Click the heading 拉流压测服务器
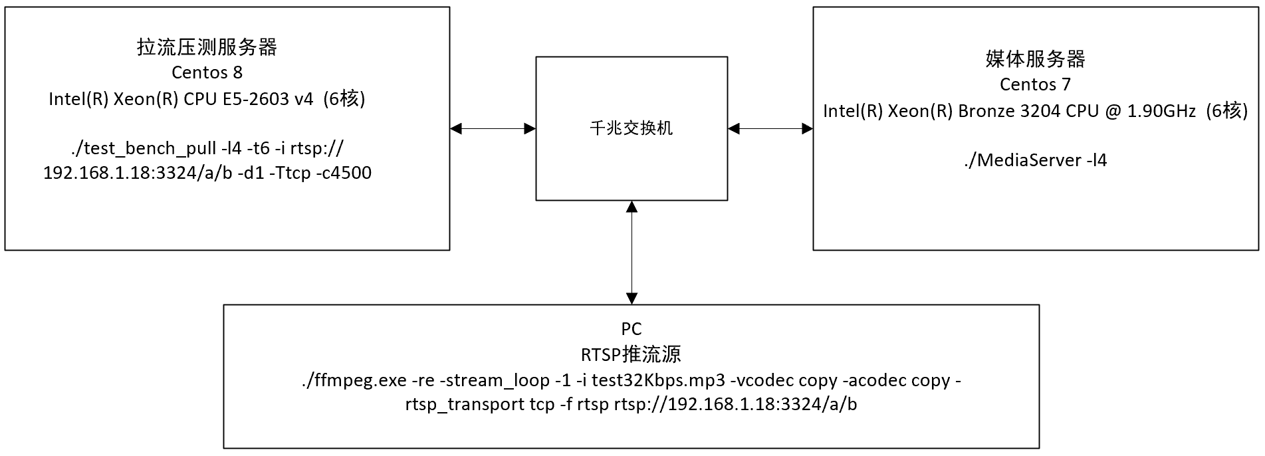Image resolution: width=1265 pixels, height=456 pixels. [207, 47]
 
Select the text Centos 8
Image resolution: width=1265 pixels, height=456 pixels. [207, 72]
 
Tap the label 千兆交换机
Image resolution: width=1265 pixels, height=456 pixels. [631, 128]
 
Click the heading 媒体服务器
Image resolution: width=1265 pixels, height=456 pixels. [1035, 59]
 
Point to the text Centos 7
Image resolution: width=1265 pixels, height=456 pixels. [1035, 84]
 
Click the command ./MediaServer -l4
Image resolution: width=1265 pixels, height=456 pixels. [1035, 160]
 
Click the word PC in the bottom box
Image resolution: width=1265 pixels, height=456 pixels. [631, 329]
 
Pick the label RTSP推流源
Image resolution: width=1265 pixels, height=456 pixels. [631, 354]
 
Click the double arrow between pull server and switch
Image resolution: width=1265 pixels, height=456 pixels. [493, 128]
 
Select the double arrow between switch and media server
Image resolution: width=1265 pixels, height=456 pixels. [770, 128]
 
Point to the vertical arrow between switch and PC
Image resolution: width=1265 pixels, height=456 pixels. [632, 253]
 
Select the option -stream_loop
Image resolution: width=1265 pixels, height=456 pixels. [495, 380]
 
